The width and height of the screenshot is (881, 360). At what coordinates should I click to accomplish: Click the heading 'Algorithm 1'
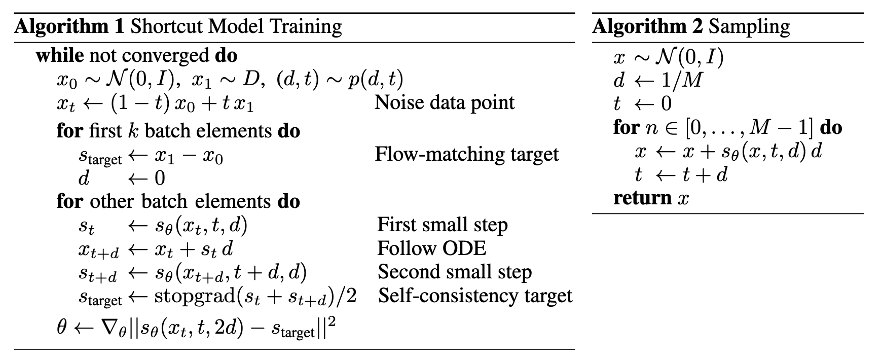(69, 27)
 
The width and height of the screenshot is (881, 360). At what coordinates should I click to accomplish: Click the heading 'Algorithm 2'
(647, 27)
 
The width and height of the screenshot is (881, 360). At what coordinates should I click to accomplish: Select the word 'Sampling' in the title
(749, 27)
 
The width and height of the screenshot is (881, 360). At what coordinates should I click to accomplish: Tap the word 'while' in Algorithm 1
(59, 55)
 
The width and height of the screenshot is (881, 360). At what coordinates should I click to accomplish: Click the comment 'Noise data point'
(444, 103)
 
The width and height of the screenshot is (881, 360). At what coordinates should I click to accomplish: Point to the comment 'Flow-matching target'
(466, 154)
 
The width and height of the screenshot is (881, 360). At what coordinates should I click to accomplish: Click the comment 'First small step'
(442, 225)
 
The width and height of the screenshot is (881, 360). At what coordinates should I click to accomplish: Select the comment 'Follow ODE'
(431, 248)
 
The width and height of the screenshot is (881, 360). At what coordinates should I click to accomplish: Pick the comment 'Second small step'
(454, 272)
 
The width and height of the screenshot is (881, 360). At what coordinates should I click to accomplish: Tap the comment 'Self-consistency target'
(475, 296)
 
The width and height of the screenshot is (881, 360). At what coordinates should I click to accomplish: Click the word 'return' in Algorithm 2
(642, 198)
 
